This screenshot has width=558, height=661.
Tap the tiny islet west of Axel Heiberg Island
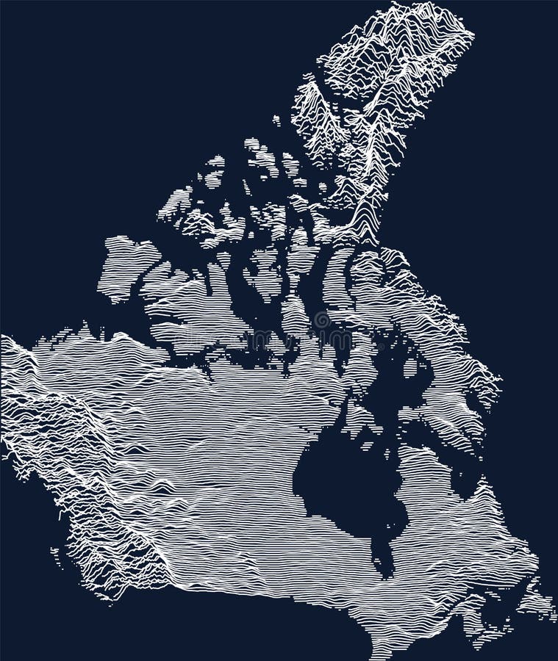point(276,119)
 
